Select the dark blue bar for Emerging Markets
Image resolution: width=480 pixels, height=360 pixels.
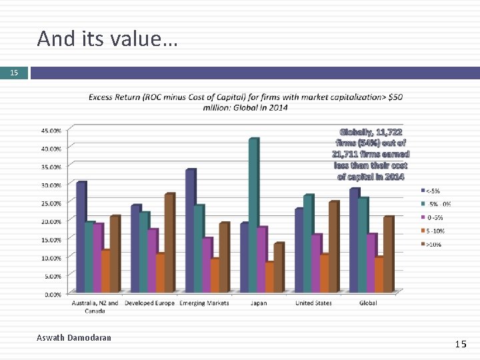tap(190, 231)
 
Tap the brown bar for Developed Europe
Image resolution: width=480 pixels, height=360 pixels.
tap(169, 243)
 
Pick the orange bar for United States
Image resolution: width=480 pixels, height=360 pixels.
tap(323, 273)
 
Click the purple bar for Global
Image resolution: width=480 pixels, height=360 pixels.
tap(371, 263)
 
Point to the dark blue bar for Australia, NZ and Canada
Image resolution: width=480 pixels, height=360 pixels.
tap(81, 237)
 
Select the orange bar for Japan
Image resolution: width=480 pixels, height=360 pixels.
tap(269, 277)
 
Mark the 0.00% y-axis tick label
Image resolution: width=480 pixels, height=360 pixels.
tap(53, 294)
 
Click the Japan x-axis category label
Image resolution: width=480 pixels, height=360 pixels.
tap(258, 303)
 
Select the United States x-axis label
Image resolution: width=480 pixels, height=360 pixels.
tap(313, 303)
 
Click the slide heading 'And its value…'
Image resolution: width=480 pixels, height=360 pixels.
tap(107, 39)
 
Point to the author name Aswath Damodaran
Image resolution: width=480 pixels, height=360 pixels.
tap(74, 338)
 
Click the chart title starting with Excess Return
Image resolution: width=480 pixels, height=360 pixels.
tap(245, 103)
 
